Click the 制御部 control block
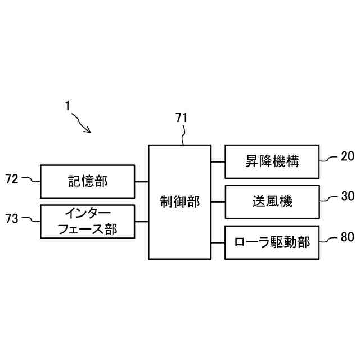180,202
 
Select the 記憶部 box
88,181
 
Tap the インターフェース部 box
88,221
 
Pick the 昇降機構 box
272,161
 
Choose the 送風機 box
272,201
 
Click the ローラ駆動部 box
272,242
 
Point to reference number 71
182,118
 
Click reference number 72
12,179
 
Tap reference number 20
347,157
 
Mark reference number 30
347,197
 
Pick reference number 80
347,237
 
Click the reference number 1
67,105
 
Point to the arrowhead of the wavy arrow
89,130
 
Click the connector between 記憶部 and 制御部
142,182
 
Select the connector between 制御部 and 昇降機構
218,161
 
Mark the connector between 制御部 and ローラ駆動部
218,242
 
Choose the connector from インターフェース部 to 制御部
142,222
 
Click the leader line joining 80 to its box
329,240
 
